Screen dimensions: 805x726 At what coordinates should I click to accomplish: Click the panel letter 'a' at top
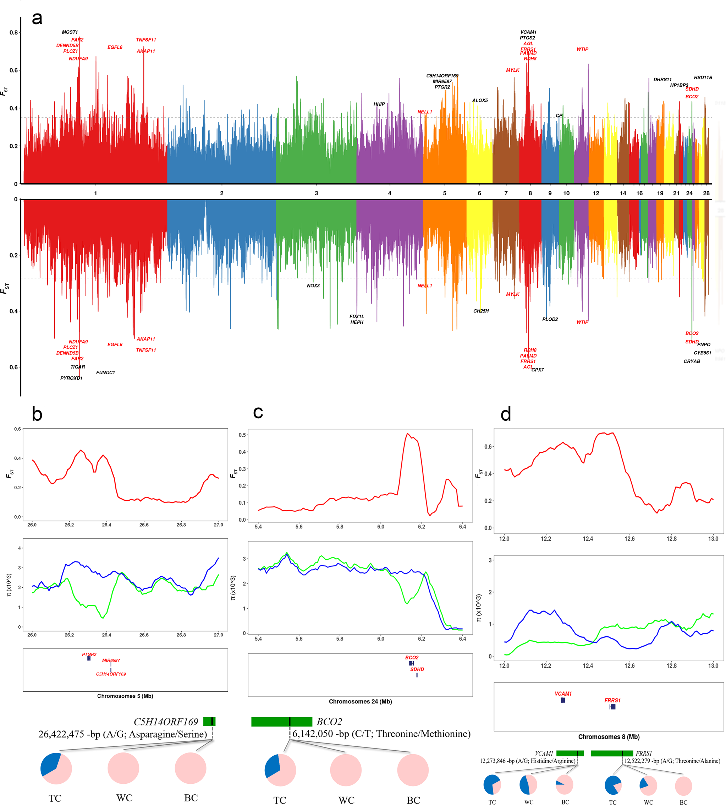click(37, 18)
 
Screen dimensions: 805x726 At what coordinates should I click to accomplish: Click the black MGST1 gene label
click(70, 32)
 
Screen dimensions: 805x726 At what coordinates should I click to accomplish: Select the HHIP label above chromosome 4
click(379, 104)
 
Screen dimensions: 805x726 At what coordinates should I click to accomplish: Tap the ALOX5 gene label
click(480, 100)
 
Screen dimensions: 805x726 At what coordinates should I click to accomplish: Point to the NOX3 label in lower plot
click(313, 286)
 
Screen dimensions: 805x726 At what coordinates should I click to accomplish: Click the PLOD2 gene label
click(550, 319)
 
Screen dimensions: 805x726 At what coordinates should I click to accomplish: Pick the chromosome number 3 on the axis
click(316, 193)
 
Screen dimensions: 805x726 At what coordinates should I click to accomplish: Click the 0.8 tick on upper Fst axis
click(13, 33)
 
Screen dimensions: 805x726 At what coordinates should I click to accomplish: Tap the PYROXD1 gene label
click(71, 378)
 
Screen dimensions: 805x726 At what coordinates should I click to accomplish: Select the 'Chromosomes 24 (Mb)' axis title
click(360, 701)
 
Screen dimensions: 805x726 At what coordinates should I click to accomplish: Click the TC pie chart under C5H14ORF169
click(56, 768)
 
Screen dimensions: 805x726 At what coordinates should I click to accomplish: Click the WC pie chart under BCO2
click(346, 770)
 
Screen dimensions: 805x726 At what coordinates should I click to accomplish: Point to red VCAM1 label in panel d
click(563, 694)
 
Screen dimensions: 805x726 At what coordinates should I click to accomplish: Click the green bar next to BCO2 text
click(282, 722)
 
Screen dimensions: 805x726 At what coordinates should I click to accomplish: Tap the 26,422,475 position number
click(61, 734)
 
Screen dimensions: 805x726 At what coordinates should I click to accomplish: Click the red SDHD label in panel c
click(417, 669)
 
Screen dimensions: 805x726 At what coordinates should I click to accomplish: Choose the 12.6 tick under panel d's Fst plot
click(629, 539)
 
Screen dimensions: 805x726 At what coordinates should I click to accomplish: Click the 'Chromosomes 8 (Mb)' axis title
click(609, 737)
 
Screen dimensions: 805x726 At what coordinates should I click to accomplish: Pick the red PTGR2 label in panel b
click(89, 654)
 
